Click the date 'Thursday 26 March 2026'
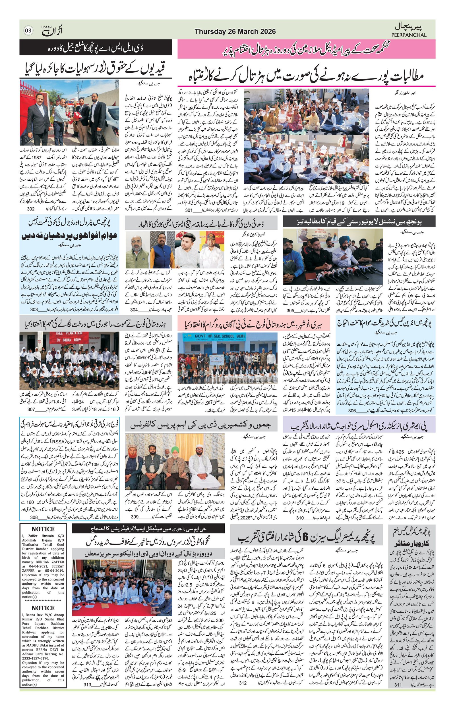[235, 32]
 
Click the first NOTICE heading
[43, 529]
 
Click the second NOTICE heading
[43, 608]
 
